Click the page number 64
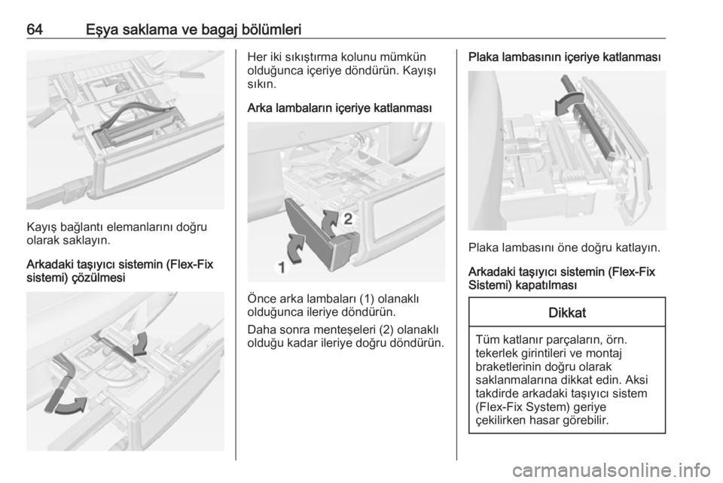[35, 29]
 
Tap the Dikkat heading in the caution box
[566, 313]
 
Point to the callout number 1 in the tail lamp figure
[281, 266]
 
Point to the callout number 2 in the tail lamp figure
[348, 219]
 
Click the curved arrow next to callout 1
[295, 248]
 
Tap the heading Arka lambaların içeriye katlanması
[340, 108]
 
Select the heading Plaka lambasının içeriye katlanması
[564, 58]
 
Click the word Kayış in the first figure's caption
[41, 227]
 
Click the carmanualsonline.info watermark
[611, 470]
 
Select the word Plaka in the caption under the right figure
[483, 248]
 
